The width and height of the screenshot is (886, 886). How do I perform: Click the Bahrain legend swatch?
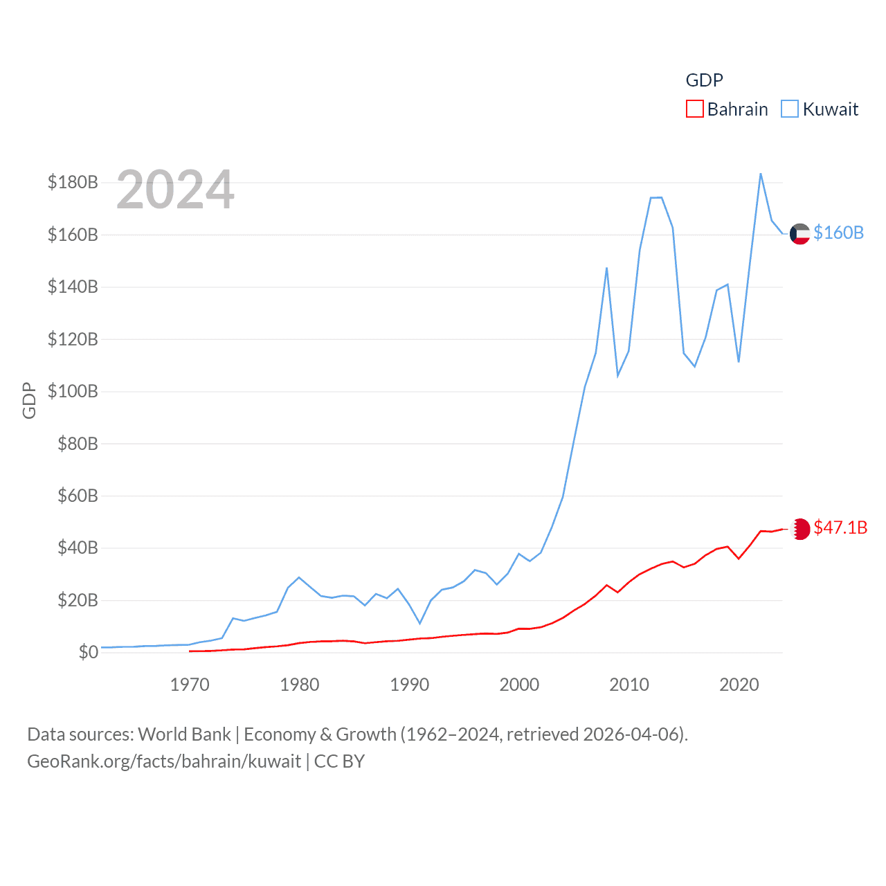coord(694,109)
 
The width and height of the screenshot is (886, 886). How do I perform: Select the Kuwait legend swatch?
coord(790,109)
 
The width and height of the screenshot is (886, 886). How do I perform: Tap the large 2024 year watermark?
coord(175,190)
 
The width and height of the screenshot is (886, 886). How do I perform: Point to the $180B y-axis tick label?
coord(73,182)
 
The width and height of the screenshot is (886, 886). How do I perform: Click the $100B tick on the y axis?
coord(73,391)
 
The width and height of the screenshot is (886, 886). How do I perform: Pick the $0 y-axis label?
coord(88,652)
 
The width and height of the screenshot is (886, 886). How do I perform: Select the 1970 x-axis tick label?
coord(190,685)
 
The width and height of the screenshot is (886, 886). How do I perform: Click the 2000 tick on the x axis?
coord(519,685)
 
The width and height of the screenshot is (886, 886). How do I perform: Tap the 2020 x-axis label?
coord(739,685)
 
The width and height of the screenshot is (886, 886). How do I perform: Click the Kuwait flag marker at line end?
coord(799,234)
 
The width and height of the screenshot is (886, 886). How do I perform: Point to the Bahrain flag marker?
coord(800,529)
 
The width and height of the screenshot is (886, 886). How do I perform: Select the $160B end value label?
coord(838,233)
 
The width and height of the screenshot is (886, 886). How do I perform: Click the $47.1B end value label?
coord(840,527)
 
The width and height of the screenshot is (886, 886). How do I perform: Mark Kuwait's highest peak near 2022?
coord(761,174)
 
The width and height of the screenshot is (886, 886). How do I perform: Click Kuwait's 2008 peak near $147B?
coord(606,268)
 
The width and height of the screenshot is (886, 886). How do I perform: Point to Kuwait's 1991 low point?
coord(419,623)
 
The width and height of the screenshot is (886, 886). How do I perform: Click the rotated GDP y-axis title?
coord(29,400)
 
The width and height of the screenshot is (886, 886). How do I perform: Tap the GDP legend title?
coord(704,80)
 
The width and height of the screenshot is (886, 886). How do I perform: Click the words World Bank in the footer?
coord(184,734)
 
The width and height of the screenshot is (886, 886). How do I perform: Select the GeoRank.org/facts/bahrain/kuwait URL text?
coord(164,761)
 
